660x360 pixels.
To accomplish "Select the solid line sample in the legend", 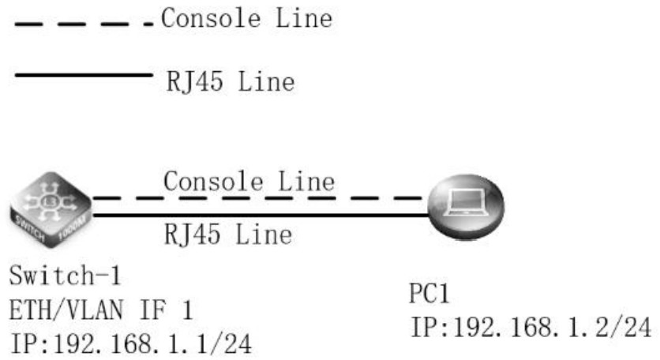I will click(84, 76).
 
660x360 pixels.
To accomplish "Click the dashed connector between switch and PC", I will click(261, 197).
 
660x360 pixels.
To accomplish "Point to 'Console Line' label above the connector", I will click(249, 182).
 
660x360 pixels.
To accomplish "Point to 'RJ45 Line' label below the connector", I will click(228, 234).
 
